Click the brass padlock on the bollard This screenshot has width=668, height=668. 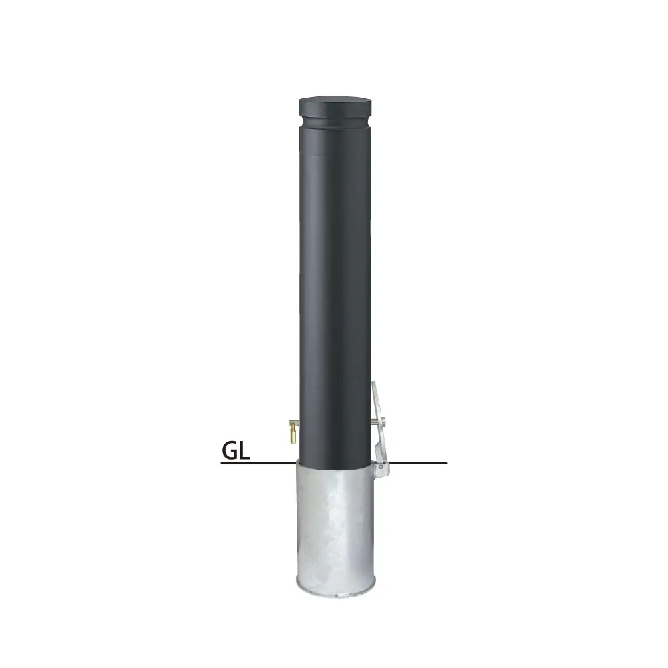coord(293,434)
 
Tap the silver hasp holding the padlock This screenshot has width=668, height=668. coord(292,422)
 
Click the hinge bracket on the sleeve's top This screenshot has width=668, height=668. coord(381,468)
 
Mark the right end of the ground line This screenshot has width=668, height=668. coord(445,463)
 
